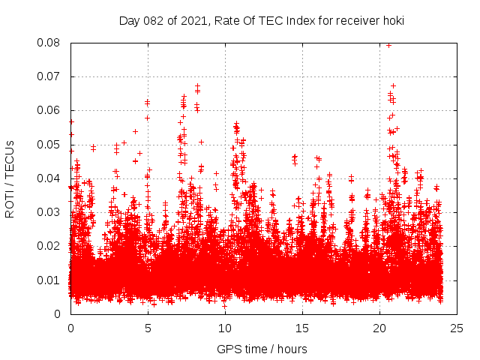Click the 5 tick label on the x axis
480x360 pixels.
pos(148,328)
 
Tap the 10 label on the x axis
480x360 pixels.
pos(225,328)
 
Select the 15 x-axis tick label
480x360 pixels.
pos(302,328)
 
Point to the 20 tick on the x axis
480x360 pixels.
pos(379,328)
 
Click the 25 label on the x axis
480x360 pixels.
pos(457,328)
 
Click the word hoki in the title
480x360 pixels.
pos(393,21)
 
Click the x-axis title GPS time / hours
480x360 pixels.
pos(262,349)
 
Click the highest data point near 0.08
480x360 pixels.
pos(388,45)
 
